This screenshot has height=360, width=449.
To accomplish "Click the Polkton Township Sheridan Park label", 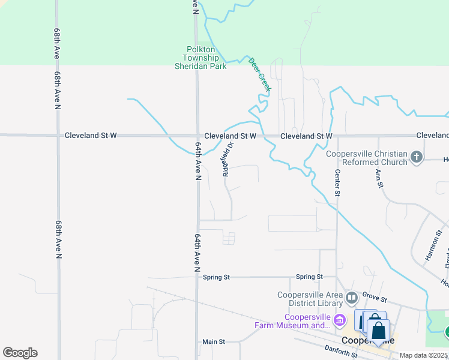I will click(x=200, y=58).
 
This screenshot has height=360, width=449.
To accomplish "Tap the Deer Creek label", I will click(x=260, y=74).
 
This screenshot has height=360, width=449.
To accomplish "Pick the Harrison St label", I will click(x=433, y=245).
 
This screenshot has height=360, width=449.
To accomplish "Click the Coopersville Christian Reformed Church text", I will click(x=366, y=158).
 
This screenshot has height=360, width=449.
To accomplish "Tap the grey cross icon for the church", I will click(x=417, y=158).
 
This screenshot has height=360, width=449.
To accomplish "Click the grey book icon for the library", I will click(x=352, y=296).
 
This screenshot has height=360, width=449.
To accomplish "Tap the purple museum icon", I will click(x=340, y=319).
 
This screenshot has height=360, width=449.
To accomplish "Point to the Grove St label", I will click(x=375, y=299).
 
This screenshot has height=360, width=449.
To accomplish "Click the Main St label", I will click(x=213, y=342).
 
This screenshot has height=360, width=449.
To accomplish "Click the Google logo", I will click(x=20, y=353).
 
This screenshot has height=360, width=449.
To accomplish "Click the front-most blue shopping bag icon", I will click(x=378, y=331).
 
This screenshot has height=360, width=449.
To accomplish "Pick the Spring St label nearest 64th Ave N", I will click(x=216, y=277).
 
